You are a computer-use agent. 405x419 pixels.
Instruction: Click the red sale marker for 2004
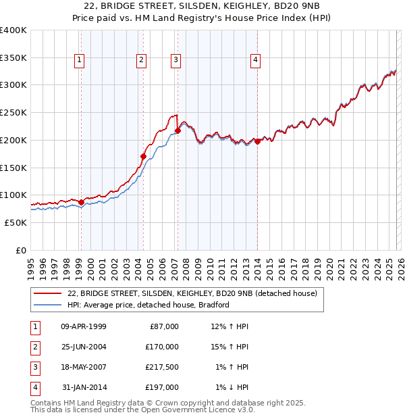[143, 156]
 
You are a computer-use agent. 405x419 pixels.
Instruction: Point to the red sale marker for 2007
[178, 130]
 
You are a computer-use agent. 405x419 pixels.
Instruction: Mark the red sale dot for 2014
[258, 141]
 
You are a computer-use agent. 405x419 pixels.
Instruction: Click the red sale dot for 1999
[81, 202]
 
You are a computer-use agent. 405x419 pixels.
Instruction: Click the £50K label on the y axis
[16, 222]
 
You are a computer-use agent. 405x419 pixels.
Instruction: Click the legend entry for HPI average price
[148, 305]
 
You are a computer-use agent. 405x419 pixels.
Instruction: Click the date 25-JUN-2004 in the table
[84, 347]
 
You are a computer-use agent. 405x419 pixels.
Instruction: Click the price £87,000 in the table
[163, 326]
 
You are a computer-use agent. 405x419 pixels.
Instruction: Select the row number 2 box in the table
[34, 347]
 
